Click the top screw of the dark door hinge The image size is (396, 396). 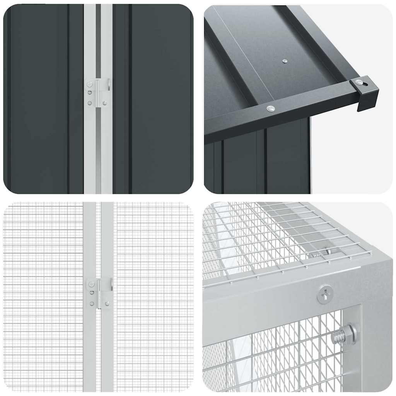[90, 84]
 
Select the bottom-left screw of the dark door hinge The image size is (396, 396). [90, 103]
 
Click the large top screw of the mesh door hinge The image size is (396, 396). [91, 285]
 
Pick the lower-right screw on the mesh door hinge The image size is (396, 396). [106, 303]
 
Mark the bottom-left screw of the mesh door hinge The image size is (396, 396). [92, 304]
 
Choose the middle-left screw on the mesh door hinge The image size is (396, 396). [92, 293]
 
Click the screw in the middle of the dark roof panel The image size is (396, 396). [285, 61]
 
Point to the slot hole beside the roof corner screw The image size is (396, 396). [366, 82]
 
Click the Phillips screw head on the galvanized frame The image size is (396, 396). [325, 295]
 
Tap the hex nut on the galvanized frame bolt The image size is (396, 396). [348, 334]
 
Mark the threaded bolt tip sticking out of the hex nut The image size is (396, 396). [338, 336]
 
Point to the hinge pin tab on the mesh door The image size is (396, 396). [108, 285]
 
